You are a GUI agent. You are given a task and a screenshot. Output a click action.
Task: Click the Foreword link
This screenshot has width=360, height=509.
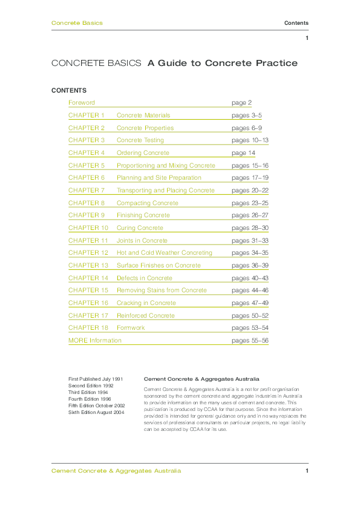click(x=82, y=103)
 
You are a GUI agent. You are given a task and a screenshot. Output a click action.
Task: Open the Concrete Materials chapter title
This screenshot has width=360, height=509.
click(x=143, y=115)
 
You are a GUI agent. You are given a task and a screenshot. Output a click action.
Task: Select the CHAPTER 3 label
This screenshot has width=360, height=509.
click(x=87, y=140)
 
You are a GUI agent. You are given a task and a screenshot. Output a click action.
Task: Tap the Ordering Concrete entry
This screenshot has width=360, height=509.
click(x=143, y=153)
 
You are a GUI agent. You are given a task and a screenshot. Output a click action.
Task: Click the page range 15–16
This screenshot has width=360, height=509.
click(x=250, y=165)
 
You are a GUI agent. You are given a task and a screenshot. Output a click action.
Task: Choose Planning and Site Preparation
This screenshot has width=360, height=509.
click(x=159, y=178)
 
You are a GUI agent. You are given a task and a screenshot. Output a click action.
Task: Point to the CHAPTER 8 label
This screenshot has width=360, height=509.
click(x=87, y=203)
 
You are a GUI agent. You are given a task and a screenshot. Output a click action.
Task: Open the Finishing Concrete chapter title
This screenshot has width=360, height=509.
click(x=143, y=215)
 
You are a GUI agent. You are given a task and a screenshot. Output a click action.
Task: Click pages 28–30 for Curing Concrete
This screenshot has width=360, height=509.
click(x=250, y=228)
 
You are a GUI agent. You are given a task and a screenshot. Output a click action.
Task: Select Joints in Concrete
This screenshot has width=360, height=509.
click(x=142, y=240)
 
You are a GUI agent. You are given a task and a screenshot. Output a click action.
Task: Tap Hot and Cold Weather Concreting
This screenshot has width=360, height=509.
click(x=165, y=253)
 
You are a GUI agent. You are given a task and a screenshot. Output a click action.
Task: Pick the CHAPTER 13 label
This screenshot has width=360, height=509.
click(x=88, y=266)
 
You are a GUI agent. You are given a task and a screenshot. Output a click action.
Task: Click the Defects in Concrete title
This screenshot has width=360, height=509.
click(x=145, y=278)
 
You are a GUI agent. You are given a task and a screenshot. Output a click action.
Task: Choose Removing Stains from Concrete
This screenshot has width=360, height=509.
click(x=162, y=291)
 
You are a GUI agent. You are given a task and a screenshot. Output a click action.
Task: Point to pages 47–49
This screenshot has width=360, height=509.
click(x=250, y=303)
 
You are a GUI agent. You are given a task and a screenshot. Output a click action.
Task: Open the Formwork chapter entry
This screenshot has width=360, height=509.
click(x=131, y=328)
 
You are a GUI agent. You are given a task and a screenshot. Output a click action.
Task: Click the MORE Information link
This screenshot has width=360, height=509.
click(x=95, y=341)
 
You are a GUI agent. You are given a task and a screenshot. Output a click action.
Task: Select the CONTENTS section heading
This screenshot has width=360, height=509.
click(x=69, y=90)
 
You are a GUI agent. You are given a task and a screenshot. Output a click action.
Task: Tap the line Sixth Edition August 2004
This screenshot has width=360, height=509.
click(x=96, y=412)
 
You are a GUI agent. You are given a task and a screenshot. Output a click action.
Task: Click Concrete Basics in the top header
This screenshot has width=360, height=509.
click(x=77, y=23)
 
